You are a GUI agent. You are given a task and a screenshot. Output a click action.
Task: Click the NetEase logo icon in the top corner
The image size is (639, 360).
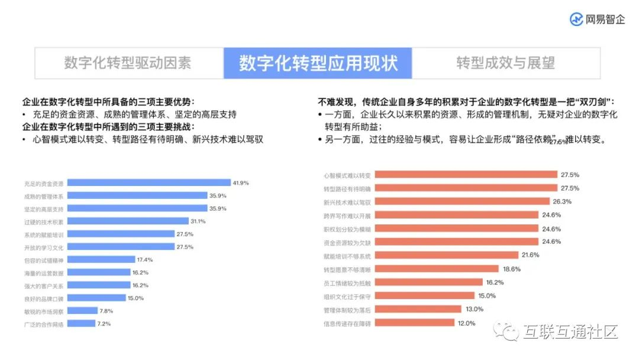(576, 19)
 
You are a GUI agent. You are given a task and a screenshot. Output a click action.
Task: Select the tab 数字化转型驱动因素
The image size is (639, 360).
(128, 63)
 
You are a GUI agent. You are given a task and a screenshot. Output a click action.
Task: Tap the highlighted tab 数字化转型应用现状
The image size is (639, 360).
(318, 63)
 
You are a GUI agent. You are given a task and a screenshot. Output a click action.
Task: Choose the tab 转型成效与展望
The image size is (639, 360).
(505, 63)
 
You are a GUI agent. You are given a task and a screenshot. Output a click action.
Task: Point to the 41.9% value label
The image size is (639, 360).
(241, 183)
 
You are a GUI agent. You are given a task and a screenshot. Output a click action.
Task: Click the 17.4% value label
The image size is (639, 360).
(144, 260)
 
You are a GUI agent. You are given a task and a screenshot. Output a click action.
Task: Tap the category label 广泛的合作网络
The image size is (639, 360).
(44, 324)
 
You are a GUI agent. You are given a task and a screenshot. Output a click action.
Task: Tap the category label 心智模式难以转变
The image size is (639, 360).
(347, 175)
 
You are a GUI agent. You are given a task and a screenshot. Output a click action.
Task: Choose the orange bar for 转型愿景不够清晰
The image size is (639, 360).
(431, 269)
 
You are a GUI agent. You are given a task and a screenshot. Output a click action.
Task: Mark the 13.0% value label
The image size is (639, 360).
(475, 309)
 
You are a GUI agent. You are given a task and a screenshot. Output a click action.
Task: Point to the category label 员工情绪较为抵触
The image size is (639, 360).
(347, 282)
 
